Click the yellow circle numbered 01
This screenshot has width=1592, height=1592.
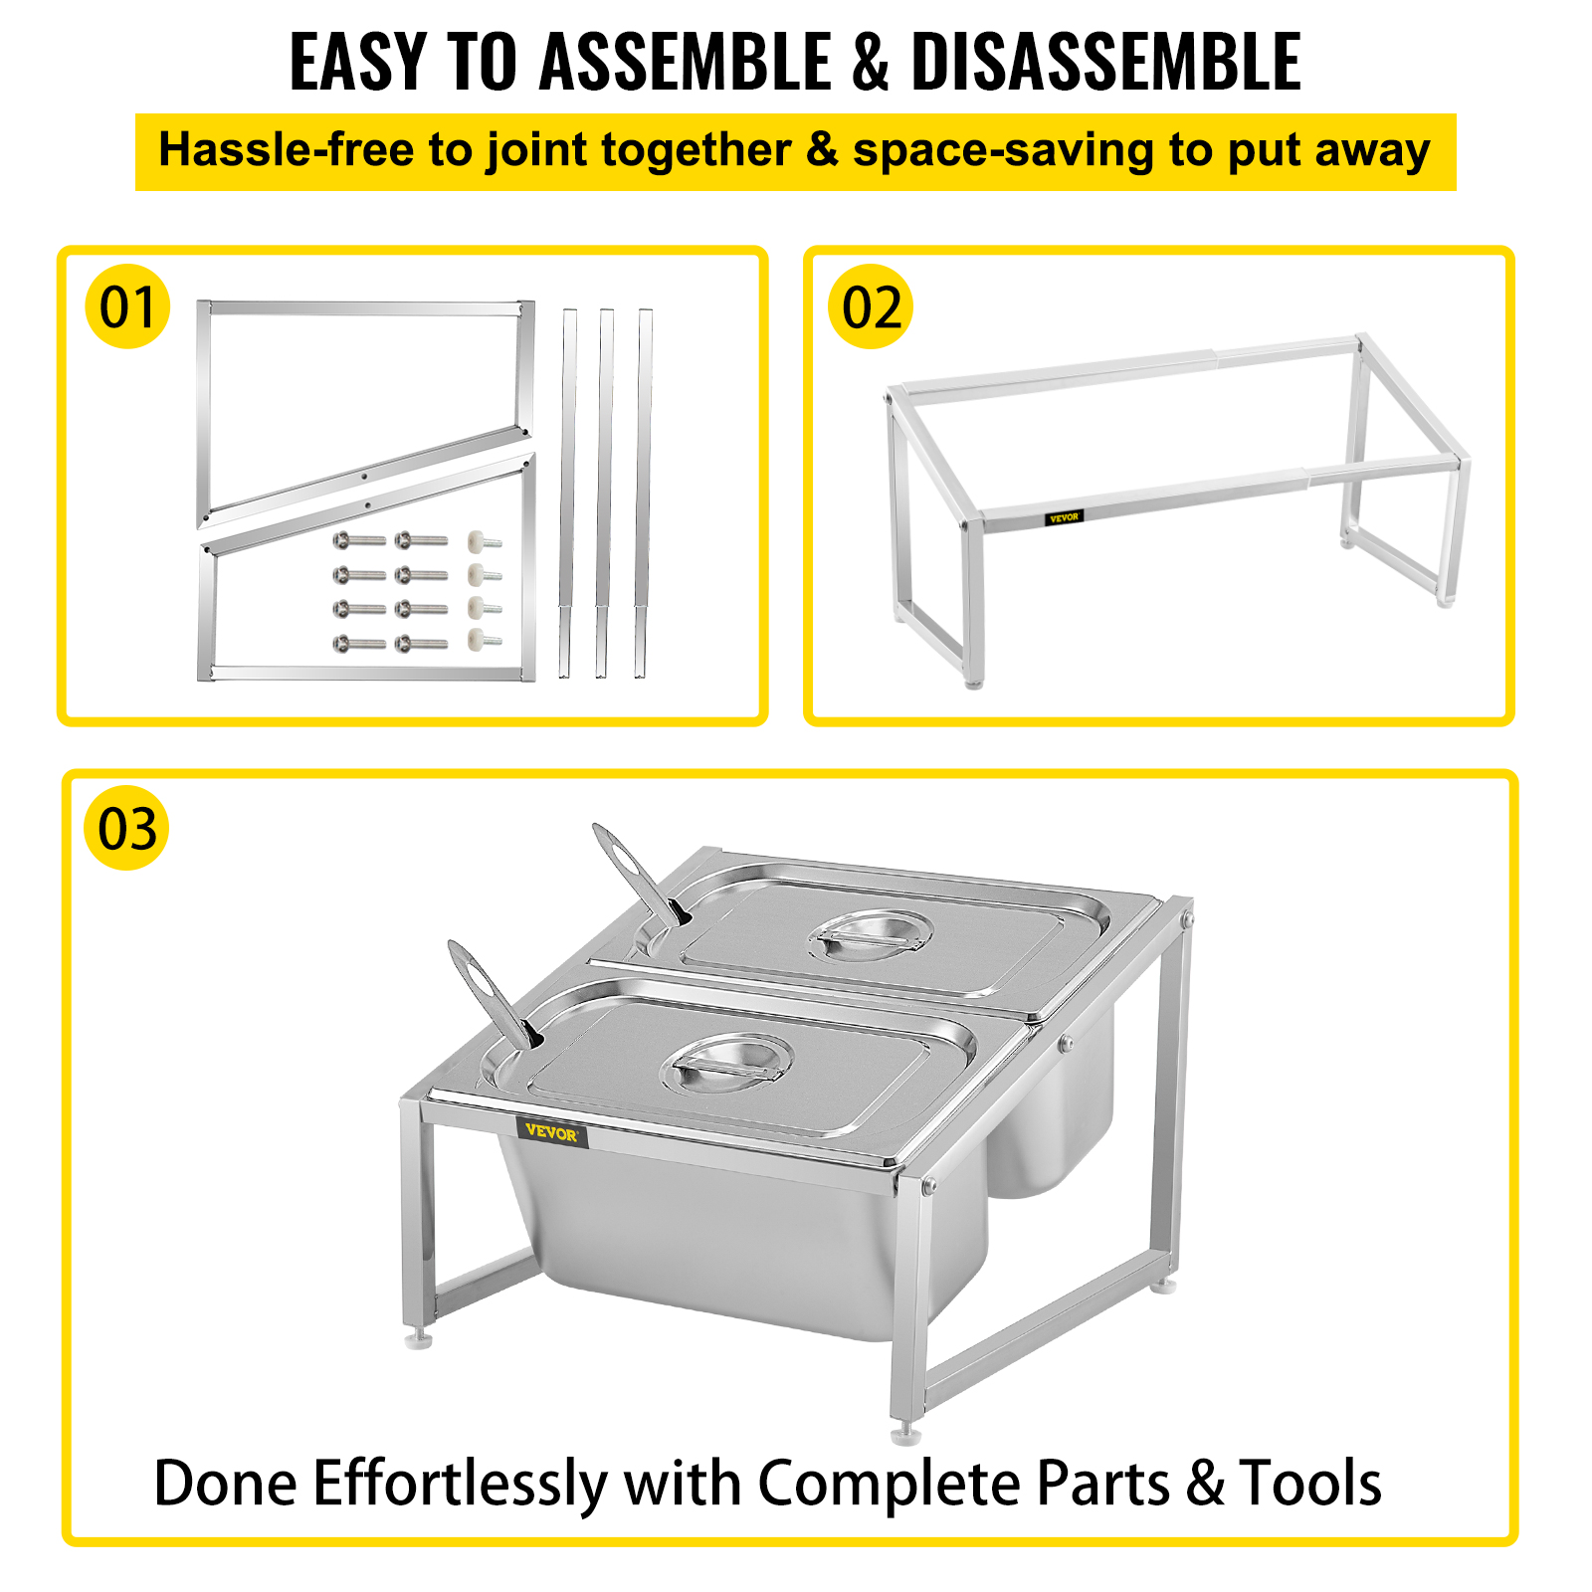pos(127,306)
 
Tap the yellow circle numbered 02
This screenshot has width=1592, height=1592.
pos(871,306)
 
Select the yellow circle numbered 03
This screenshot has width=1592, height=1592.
pos(127,828)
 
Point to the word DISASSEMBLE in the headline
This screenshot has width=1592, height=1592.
pos(1106,62)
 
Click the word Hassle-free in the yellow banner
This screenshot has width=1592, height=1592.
pos(286,150)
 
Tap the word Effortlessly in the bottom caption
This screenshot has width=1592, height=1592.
pos(460,1485)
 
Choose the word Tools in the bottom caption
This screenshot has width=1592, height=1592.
pos(1310,1484)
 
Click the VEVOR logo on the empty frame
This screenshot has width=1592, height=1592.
pos(1064,517)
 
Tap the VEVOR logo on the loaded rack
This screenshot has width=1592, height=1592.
pos(551,1133)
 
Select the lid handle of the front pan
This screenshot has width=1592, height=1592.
pos(727,1063)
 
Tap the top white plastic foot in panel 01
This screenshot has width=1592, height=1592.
pos(484,542)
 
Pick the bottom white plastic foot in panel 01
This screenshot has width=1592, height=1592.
pos(484,640)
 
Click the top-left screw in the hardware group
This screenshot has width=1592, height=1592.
pos(359,540)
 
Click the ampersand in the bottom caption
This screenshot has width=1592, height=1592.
pos(1205,1485)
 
